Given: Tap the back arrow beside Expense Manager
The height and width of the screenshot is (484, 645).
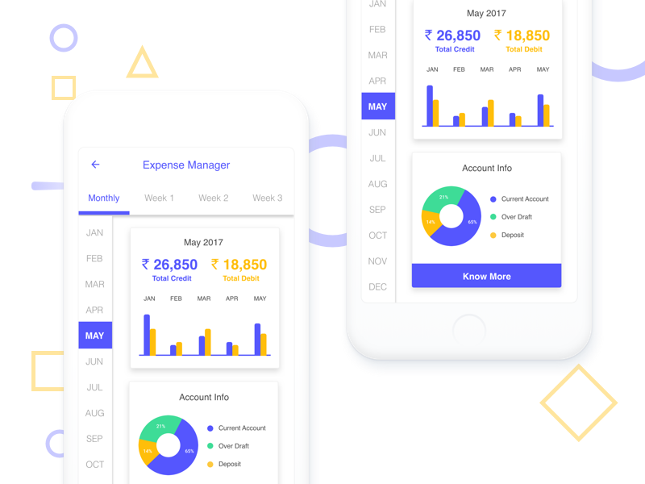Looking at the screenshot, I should point(95,165).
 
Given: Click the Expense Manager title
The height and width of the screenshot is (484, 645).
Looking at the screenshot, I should point(186,165).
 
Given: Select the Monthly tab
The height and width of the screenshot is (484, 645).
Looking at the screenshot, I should point(104,198).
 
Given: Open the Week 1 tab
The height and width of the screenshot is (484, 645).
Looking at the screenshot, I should point(159,198).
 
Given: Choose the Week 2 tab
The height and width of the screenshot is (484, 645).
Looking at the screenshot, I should point(214,198).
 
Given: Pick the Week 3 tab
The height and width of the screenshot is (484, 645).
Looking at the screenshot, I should point(267,198).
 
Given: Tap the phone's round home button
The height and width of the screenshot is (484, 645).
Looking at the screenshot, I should point(469,331).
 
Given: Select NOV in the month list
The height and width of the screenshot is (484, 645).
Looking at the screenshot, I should point(377,261).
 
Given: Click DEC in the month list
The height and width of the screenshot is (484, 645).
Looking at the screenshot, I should point(377,286).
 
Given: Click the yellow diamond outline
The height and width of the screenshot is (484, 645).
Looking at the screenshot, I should point(578,403).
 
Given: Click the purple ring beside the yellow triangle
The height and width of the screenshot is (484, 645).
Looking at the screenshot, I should point(64,38).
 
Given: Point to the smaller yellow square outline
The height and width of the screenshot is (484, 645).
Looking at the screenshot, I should point(64,88).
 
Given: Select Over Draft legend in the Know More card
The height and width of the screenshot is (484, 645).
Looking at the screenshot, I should point(516,217).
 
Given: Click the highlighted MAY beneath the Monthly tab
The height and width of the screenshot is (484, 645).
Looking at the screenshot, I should point(95,336).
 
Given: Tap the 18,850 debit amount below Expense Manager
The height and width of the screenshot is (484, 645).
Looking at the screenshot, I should point(239,265).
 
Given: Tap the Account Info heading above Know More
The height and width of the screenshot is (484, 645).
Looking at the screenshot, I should point(487,169).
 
